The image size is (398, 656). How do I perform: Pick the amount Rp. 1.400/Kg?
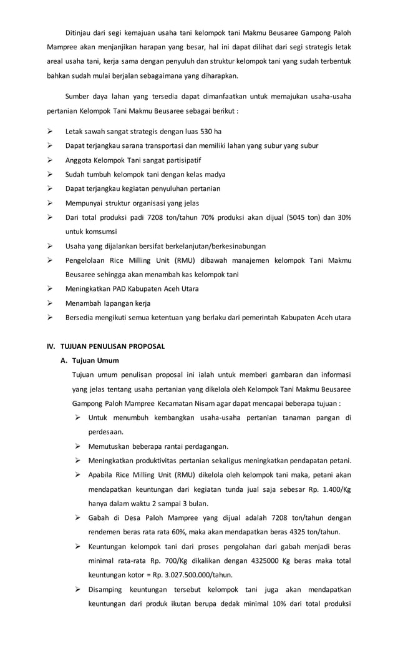327,489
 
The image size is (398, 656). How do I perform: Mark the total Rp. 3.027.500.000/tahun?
177,575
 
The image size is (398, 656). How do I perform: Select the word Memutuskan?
110,446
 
